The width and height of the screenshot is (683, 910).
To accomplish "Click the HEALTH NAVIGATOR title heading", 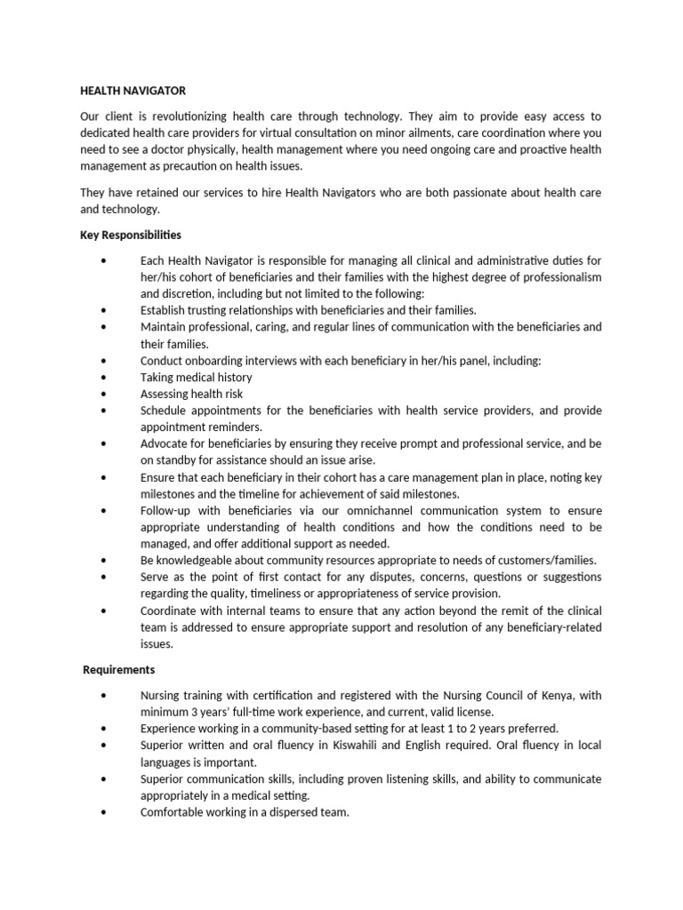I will click(x=133, y=91).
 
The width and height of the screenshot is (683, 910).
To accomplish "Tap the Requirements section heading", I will click(x=119, y=669).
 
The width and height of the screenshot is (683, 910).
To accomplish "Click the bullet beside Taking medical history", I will click(x=105, y=377).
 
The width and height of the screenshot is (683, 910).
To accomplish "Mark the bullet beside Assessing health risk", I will click(x=105, y=394).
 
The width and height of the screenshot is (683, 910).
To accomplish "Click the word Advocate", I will click(x=165, y=443).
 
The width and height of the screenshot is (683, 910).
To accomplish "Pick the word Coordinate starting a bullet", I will click(x=169, y=611).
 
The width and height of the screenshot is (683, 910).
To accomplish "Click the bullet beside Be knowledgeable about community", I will click(x=105, y=560).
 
